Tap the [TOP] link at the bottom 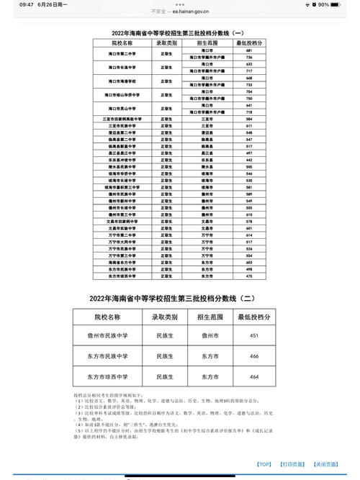[x=264, y=465]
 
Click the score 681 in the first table [x=249, y=51]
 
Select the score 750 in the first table [x=249, y=99]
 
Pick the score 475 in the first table [x=249, y=276]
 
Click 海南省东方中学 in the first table [x=123, y=263]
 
